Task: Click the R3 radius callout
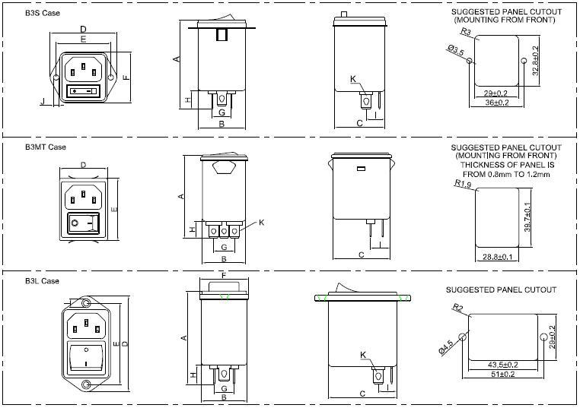coord(465,32)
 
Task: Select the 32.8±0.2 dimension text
coord(535,61)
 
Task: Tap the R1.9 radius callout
coord(463,183)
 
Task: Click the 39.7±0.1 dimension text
coord(527,219)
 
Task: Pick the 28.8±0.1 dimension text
coord(497,258)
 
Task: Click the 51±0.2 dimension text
coord(503,375)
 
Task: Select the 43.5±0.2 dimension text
coord(503,365)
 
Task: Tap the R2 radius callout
coord(458,307)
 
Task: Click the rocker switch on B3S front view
coord(84,92)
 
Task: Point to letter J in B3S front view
coord(43,100)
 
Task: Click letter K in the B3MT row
coord(261,222)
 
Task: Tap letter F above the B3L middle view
coord(223,275)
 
